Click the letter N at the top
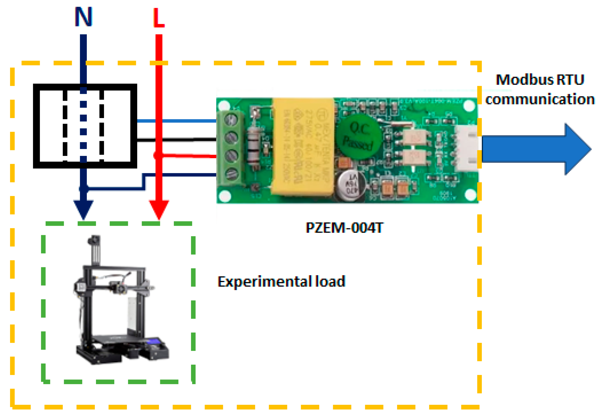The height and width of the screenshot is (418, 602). point(83,17)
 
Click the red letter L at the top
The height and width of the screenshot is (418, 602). point(158,18)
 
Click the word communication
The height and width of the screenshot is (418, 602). point(540,99)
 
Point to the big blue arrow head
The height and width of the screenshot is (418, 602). point(577,149)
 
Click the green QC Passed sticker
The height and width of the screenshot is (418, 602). point(358,136)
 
